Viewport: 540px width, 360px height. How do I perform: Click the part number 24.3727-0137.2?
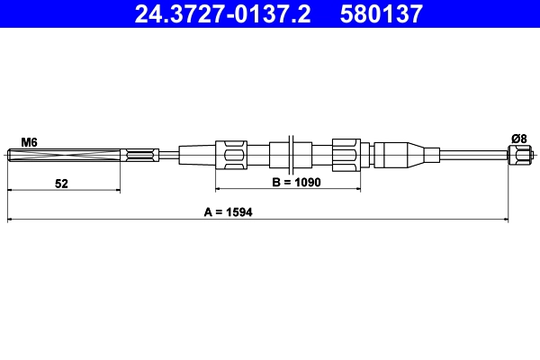(223, 13)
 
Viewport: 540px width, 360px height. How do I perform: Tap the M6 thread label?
(29, 141)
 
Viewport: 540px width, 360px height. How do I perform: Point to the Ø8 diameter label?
(518, 138)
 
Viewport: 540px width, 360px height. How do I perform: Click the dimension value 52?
(61, 183)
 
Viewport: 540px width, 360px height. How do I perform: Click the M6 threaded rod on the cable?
(63, 157)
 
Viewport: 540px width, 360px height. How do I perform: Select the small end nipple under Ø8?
(518, 157)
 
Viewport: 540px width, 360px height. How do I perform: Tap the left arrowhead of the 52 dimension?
(11, 190)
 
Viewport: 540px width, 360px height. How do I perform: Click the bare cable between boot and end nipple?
(472, 156)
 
